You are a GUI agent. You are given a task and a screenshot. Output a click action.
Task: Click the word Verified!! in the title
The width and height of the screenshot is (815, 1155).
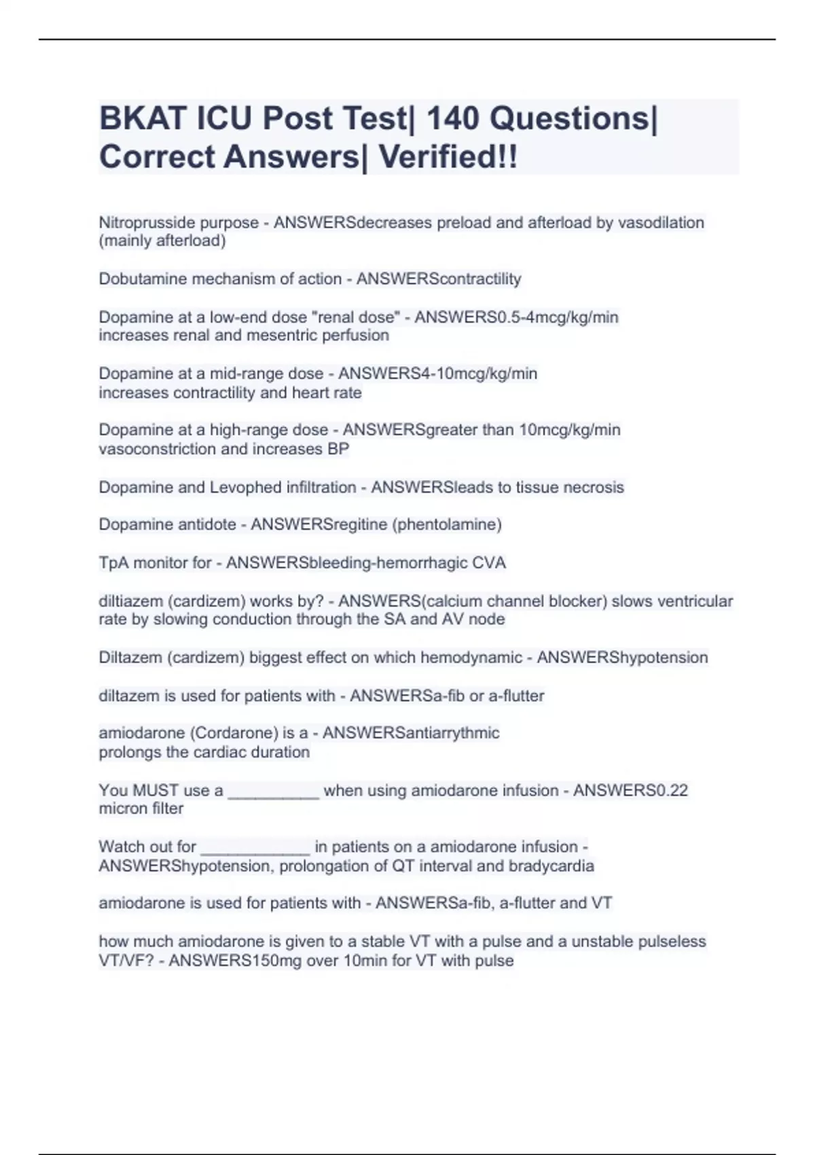point(448,157)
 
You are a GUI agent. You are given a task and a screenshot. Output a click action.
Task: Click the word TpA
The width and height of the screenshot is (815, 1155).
point(113,563)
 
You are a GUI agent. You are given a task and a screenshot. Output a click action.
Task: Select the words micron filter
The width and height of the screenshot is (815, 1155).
point(141,809)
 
